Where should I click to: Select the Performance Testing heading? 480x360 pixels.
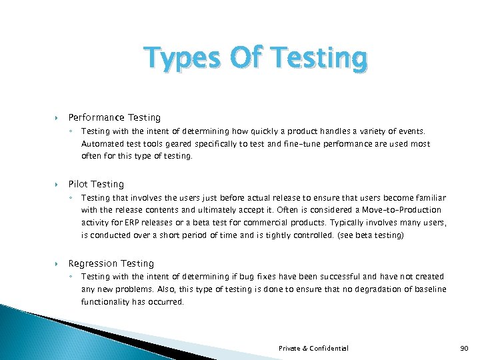pos(114,117)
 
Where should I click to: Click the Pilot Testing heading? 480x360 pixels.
pos(96,184)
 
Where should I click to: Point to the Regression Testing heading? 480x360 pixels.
pos(111,263)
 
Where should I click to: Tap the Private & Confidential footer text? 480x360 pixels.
pos(313,348)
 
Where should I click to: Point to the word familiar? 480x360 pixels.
pos(430,198)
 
